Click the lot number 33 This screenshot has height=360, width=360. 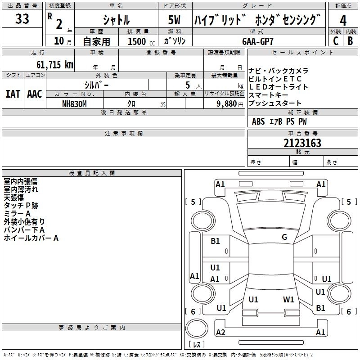(x=22, y=19)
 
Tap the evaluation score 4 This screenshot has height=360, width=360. (x=343, y=21)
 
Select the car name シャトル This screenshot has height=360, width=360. (x=116, y=20)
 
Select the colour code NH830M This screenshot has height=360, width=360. (x=74, y=103)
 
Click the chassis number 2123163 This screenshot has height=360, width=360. (x=302, y=144)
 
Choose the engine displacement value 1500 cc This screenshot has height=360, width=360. (x=140, y=41)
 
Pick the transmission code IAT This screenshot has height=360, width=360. (x=13, y=94)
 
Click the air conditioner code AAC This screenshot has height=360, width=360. (x=34, y=94)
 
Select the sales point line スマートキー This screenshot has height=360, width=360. (x=268, y=95)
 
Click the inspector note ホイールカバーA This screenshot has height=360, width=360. (x=31, y=238)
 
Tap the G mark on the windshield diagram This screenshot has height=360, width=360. (x=284, y=237)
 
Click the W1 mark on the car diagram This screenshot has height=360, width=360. (x=288, y=299)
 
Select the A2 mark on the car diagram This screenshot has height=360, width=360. (x=220, y=333)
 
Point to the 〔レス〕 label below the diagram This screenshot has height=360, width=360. (x=197, y=344)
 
